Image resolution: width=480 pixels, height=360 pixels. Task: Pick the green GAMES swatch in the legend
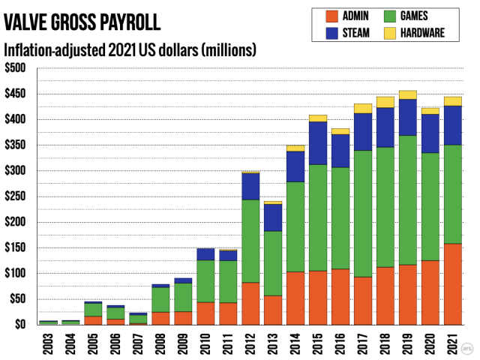[x=388, y=16]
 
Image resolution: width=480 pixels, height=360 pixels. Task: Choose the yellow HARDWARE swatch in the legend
[x=388, y=32]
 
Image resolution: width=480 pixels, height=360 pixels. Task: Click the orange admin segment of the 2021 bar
[x=453, y=284]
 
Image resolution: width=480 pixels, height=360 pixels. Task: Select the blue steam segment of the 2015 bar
[x=318, y=142]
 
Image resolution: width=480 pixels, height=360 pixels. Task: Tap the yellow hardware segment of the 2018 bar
[x=385, y=102]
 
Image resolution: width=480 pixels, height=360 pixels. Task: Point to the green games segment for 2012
[x=250, y=241]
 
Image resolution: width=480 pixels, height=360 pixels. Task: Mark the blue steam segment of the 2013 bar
[x=273, y=217]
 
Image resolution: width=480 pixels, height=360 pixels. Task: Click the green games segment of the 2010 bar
[x=205, y=281]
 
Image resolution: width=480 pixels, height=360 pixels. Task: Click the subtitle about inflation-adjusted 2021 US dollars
[x=131, y=50]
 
